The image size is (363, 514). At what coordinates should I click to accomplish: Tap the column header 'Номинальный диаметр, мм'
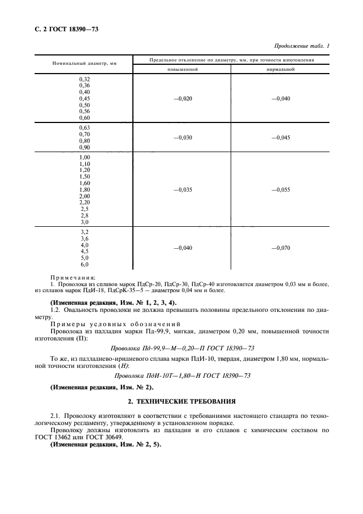[85, 64]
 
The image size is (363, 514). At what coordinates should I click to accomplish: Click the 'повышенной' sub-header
[182, 70]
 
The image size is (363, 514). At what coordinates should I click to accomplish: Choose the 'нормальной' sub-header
[281, 70]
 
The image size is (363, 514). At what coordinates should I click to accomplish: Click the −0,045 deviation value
[281, 138]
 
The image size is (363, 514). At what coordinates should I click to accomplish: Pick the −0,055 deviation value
[281, 189]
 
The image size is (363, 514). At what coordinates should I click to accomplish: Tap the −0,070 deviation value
[281, 248]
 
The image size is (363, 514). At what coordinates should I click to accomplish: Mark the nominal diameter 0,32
[85, 80]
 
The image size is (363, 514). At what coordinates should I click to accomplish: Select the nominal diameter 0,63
[85, 127]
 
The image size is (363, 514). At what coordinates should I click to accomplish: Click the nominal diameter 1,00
[85, 158]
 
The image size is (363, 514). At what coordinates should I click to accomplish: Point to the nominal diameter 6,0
[85, 264]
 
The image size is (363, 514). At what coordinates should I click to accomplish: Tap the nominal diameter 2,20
[85, 203]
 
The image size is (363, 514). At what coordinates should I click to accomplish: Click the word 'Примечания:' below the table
[73, 277]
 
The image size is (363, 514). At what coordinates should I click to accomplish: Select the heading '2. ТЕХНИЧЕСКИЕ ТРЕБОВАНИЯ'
[181, 401]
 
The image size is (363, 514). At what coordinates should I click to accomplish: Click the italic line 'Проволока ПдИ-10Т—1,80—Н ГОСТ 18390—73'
[182, 376]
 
